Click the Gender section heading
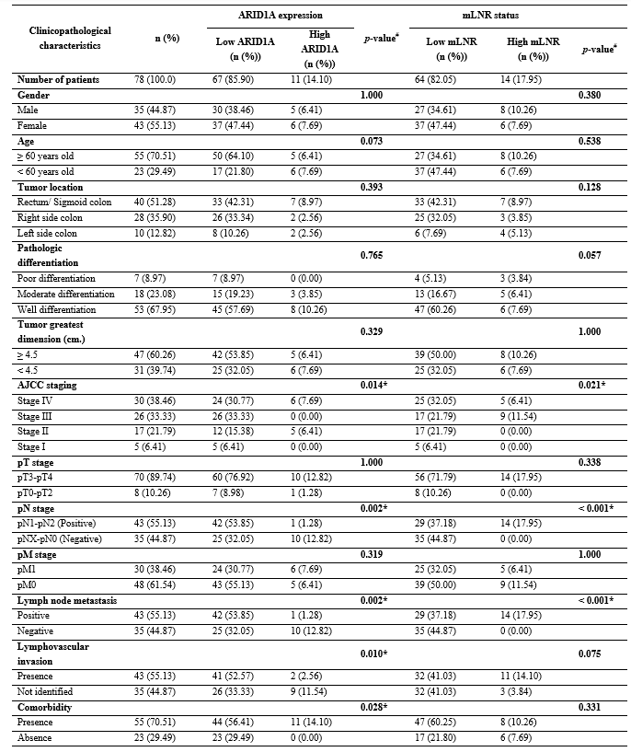coord(34,95)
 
